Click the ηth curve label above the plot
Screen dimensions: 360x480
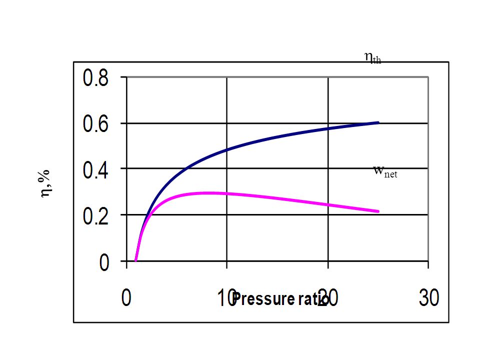(x=372, y=58)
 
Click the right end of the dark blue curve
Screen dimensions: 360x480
(x=378, y=122)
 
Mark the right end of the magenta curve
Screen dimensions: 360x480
(x=378, y=211)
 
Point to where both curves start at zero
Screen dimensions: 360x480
(x=135, y=260)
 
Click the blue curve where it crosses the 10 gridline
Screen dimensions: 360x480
(x=227, y=149)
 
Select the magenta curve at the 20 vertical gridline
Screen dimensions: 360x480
(x=328, y=204)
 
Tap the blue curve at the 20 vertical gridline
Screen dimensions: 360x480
(x=328, y=128)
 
